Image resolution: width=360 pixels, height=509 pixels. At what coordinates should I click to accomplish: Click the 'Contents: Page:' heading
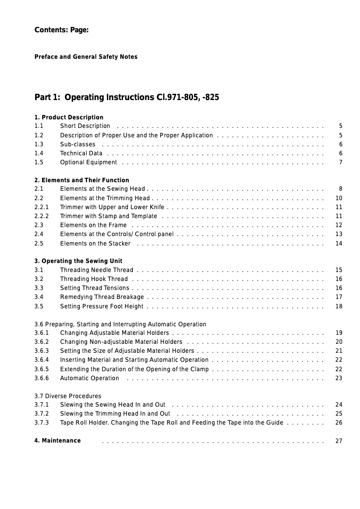tap(61, 30)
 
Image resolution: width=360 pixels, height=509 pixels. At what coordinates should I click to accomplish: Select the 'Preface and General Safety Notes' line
tap(86, 57)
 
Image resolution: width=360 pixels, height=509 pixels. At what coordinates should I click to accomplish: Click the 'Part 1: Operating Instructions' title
tap(127, 97)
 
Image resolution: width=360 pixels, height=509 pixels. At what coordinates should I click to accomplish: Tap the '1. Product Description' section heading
tap(69, 117)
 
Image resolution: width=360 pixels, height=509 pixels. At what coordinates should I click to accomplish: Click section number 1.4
tap(39, 153)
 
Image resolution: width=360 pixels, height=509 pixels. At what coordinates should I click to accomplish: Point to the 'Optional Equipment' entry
tap(88, 162)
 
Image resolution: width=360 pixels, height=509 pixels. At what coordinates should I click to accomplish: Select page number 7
tap(341, 162)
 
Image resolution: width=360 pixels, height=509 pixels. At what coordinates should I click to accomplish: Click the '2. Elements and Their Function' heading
tap(82, 180)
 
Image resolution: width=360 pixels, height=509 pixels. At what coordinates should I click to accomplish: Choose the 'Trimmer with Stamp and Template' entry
tap(109, 216)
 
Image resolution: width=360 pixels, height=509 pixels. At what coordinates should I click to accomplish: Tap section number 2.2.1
tap(41, 207)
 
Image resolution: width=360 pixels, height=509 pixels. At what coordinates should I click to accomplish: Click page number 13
tap(339, 234)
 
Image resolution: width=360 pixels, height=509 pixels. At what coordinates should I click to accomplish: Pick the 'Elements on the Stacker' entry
tap(95, 243)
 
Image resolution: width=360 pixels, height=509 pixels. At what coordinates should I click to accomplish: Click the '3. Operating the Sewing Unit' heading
tap(78, 261)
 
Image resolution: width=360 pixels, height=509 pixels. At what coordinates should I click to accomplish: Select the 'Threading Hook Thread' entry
tap(94, 279)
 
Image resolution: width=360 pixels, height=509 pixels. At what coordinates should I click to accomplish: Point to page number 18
tap(339, 306)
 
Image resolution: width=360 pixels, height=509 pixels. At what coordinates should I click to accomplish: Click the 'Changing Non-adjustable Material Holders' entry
tap(121, 342)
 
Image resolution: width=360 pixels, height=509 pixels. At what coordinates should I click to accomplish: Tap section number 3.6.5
tap(41, 369)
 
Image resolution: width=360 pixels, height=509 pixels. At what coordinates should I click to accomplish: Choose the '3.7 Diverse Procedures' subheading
tap(68, 396)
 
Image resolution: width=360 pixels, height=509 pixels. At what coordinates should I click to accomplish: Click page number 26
tap(339, 422)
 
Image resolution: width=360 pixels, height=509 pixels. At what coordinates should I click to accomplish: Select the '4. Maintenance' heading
tap(57, 440)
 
